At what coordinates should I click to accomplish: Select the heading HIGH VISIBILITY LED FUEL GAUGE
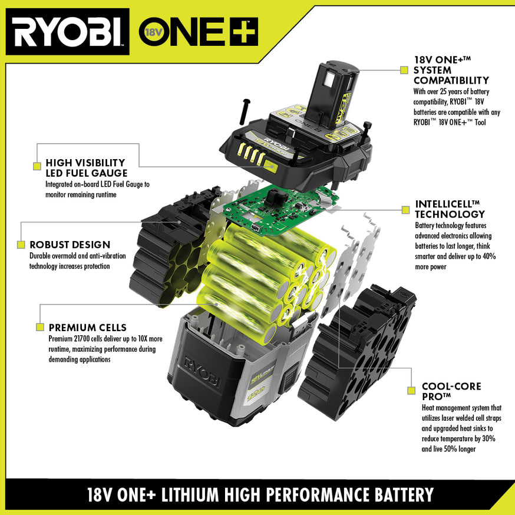point(86,167)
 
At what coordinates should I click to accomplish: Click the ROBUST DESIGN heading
point(70,245)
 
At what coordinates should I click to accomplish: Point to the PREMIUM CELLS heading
point(87,328)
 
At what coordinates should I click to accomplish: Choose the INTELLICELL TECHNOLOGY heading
point(450,209)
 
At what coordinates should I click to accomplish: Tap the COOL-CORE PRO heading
point(451,391)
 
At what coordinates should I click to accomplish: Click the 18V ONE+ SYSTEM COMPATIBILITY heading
point(451,70)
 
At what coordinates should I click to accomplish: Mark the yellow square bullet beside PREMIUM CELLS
point(40,327)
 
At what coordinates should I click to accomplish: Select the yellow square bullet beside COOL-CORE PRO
point(411,391)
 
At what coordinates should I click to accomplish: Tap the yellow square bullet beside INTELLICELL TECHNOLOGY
point(404,209)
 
